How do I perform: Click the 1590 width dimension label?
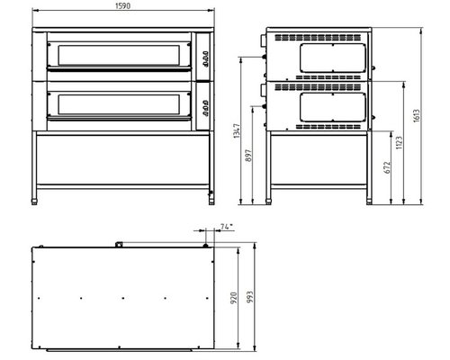coord(123,6)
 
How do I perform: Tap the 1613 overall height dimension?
coord(417,115)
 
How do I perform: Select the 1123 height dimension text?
coord(399,143)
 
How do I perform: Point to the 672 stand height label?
coord(387,167)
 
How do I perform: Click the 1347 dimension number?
coord(237,130)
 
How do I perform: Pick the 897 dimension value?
coord(248,156)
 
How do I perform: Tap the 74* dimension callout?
coord(227,227)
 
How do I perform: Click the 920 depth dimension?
coord(234,298)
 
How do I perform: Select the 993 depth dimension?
coord(250,297)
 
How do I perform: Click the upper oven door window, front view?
coord(119,55)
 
